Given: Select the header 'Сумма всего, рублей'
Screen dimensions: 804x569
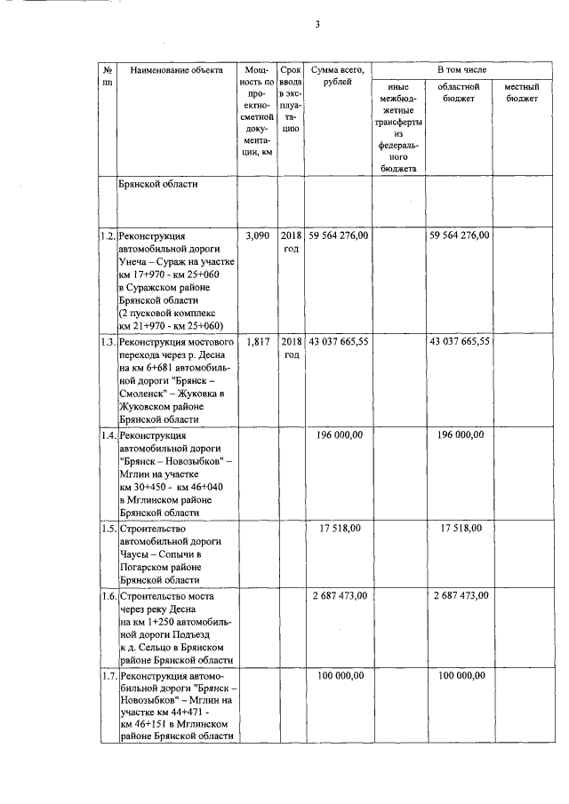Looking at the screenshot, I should point(338,75).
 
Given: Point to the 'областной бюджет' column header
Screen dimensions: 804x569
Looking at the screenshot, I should point(459,92).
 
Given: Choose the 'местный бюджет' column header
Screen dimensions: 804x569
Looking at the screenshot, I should point(522,92).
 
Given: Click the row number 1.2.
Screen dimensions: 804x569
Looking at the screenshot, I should point(108,235).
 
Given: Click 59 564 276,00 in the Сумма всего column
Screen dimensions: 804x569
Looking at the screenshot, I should point(338,235).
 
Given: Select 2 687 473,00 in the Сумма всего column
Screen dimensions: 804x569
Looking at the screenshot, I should point(339,594).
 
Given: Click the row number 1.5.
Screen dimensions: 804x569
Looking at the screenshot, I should point(108,528).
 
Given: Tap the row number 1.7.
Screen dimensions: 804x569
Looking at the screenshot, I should point(108,676).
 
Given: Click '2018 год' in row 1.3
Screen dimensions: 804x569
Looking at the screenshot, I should point(291,347).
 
